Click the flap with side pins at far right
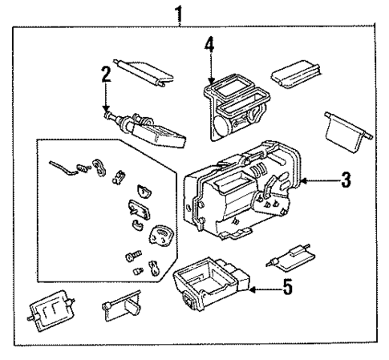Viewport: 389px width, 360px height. point(346,127)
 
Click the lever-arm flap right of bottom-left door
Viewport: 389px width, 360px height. point(122,309)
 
